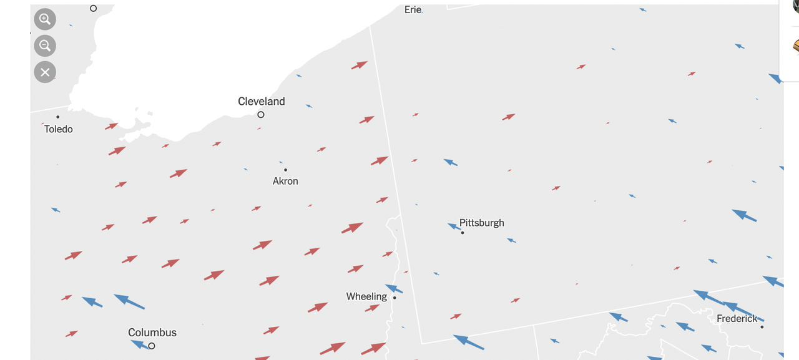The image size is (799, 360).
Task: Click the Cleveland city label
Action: (262, 101)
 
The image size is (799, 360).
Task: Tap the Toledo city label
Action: (59, 129)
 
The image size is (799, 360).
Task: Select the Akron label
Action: (285, 181)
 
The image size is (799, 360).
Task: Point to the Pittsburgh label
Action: (482, 223)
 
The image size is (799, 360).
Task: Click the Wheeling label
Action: (366, 296)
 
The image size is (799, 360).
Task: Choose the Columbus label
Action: (152, 333)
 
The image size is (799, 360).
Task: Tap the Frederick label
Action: (737, 318)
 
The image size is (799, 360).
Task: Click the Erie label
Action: (413, 9)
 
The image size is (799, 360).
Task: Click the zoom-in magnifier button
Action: (45, 19)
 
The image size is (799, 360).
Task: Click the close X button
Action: (45, 72)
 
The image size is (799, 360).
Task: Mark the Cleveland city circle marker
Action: (261, 115)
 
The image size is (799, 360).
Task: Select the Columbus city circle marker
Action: (152, 346)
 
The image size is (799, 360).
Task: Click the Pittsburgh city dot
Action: (463, 233)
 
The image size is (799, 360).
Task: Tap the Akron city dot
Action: (285, 170)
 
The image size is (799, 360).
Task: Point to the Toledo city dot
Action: (58, 117)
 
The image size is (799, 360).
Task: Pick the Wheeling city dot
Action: (395, 298)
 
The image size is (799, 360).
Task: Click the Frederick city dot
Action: (762, 327)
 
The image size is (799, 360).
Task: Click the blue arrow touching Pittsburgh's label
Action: (454, 226)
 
